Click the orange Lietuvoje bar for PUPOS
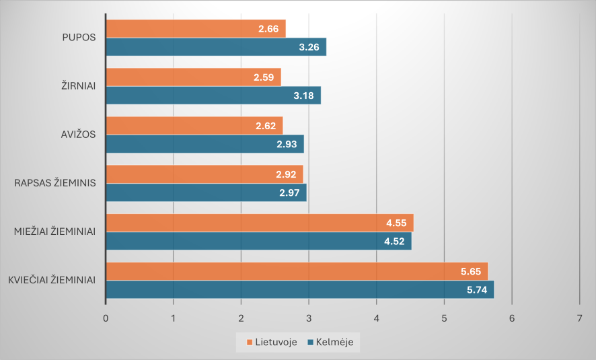196,29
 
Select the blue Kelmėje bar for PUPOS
216,47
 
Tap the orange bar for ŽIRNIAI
193,77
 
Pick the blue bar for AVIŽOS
204,144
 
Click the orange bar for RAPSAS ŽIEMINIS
204,174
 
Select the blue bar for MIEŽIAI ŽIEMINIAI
258,241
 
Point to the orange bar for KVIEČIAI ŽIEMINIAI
297,271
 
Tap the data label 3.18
303,96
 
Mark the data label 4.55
396,223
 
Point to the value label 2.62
266,126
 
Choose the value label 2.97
289,193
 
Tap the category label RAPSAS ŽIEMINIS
55,182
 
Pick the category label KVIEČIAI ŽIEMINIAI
52,280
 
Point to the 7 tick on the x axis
579,318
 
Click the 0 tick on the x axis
106,318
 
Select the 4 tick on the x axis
376,318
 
